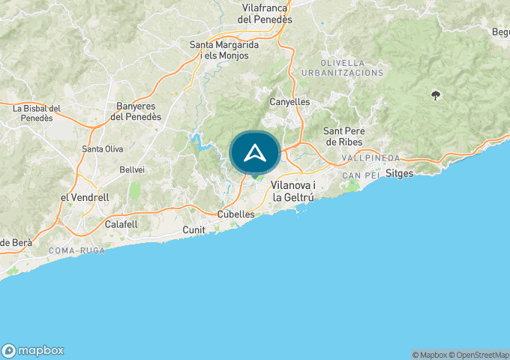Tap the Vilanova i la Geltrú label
(298, 190)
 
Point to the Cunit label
(194, 229)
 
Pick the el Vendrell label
(85, 197)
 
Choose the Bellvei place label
(132, 169)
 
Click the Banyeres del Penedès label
(136, 111)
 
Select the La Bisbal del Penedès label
(42, 113)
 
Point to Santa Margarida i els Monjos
(224, 50)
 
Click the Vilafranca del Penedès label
(265, 13)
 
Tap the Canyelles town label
(289, 101)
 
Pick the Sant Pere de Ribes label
(343, 136)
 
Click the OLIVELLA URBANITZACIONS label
(342, 67)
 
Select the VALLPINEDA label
(370, 158)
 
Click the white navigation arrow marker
(255, 153)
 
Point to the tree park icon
(436, 95)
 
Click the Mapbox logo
(34, 350)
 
